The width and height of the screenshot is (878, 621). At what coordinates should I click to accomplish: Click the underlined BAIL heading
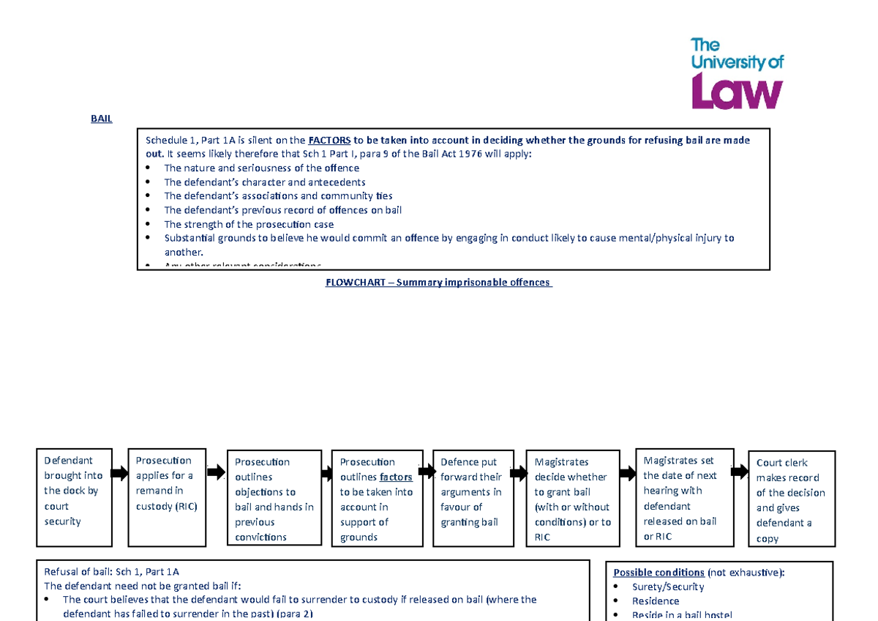coord(101,119)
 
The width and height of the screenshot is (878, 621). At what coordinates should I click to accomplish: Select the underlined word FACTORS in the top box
coord(329,141)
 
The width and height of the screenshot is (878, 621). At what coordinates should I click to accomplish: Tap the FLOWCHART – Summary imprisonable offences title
coord(438,283)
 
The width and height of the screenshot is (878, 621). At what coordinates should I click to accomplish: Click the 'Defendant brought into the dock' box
coord(74,497)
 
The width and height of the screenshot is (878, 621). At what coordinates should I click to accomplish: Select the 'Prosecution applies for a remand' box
coord(166,497)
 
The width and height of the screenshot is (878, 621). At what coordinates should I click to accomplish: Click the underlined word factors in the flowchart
coord(396,477)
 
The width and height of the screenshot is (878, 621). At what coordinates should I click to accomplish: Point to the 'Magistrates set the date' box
coord(684,497)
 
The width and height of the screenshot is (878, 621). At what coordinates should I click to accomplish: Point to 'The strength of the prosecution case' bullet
coord(249,224)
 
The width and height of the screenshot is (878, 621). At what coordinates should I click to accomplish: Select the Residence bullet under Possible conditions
coord(656,600)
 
